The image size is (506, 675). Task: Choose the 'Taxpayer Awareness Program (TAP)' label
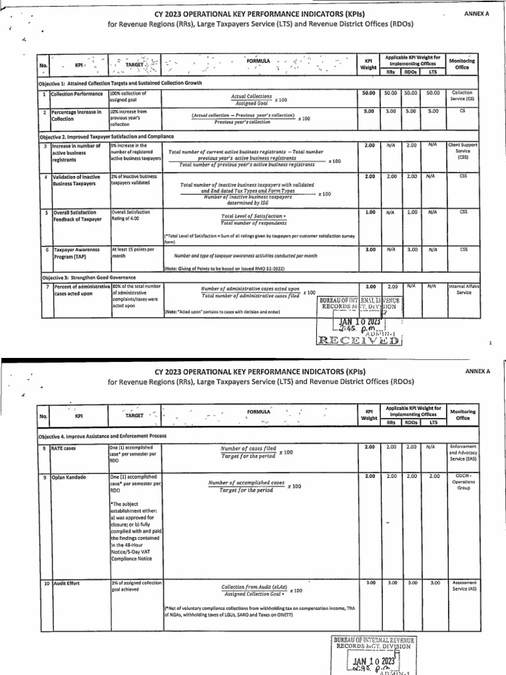click(76, 253)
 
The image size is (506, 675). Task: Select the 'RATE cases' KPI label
click(65, 448)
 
